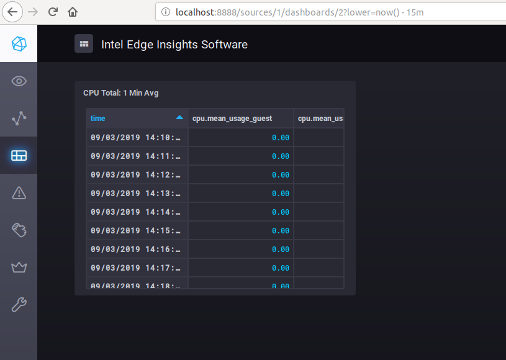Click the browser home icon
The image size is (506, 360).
73,12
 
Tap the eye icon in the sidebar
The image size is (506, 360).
19,81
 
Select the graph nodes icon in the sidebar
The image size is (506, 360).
19,118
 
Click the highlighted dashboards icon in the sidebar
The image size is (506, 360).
19,155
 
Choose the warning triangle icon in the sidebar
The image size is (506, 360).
19,193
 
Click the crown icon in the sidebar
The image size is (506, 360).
19,268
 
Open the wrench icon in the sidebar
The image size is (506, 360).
19,305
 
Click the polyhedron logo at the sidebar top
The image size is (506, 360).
19,44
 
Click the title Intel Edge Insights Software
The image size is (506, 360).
174,44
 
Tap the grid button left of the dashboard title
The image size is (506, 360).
84,44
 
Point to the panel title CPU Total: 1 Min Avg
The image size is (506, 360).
121,93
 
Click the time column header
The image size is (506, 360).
98,119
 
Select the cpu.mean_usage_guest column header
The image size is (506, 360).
232,119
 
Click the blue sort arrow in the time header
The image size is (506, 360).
179,117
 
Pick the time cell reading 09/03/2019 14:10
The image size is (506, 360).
136,138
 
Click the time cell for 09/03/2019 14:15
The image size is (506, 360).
136,231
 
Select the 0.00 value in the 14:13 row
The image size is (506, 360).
281,194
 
